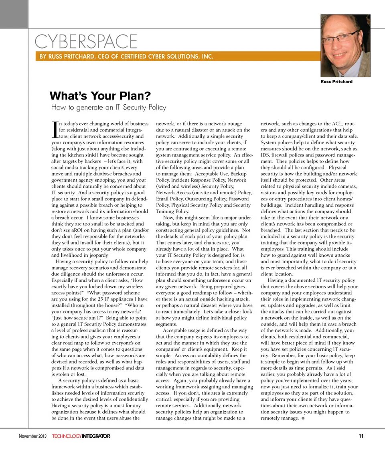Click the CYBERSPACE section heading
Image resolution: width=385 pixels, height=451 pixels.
86,41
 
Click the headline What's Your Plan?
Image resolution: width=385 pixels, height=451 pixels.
100,96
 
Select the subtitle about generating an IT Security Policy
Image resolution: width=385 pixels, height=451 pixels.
108,107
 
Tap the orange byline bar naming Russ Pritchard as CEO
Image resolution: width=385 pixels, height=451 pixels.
126,57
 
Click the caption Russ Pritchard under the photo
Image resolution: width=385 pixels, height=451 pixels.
336,81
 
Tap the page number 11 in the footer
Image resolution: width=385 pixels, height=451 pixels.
361,436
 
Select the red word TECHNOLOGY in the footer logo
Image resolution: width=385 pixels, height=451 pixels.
67,436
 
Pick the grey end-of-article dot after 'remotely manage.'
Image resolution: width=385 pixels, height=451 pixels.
304,418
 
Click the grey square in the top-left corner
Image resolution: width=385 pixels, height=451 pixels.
14,14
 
